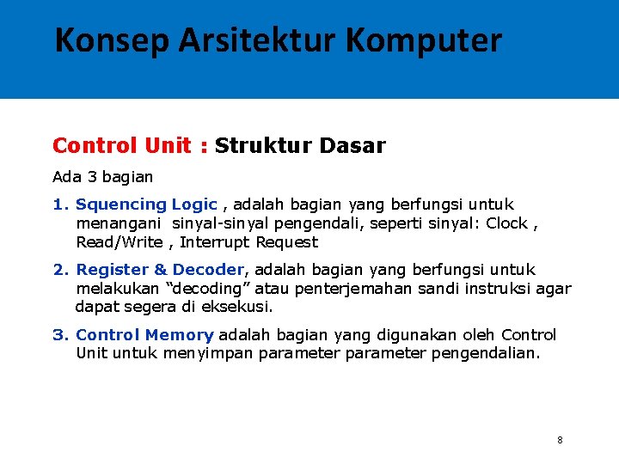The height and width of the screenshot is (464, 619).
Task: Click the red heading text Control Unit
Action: (121, 146)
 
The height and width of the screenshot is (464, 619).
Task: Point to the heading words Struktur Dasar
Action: (300, 146)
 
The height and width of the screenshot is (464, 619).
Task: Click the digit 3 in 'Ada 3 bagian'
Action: (90, 177)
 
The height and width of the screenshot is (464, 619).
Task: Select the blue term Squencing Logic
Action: (146, 205)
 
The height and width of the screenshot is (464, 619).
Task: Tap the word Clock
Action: (507, 223)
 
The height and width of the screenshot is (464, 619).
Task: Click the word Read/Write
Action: (119, 242)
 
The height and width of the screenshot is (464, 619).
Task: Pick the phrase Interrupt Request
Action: (248, 242)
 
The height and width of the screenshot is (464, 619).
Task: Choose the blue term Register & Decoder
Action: (160, 270)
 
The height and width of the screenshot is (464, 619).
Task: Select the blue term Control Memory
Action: (144, 335)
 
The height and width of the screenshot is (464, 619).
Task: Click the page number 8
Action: (560, 440)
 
